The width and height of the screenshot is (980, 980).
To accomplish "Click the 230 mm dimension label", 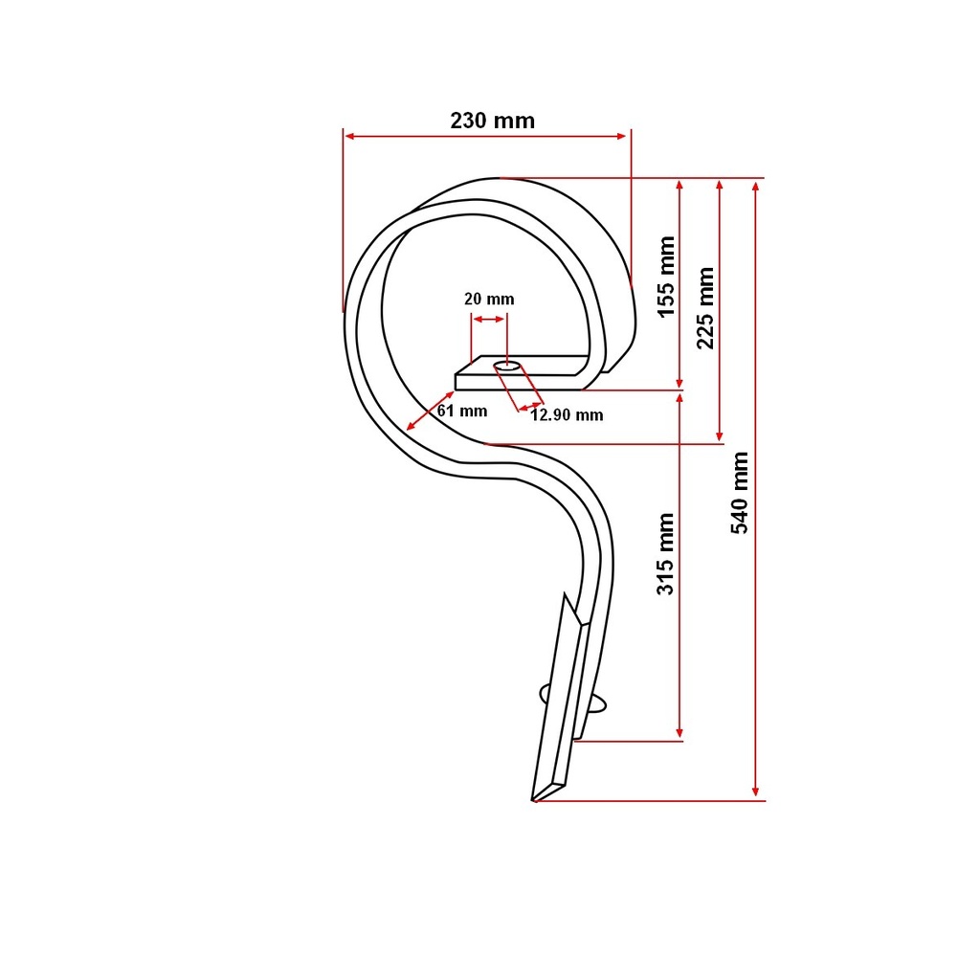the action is [493, 120].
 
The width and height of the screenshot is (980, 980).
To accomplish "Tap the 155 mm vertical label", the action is [667, 277].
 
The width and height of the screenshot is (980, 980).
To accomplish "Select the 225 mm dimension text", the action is [705, 308].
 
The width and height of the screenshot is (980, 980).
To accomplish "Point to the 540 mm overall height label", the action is [740, 493].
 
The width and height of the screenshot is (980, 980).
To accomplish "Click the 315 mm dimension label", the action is [666, 554].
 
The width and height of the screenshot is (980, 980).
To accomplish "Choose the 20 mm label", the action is [489, 299].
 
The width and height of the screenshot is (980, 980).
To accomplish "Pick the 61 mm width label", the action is [462, 411].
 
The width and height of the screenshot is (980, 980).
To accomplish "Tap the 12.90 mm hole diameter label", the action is [567, 415].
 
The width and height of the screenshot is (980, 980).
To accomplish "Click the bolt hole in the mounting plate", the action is [507, 366].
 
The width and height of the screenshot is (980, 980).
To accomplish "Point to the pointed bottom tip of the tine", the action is [533, 800].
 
